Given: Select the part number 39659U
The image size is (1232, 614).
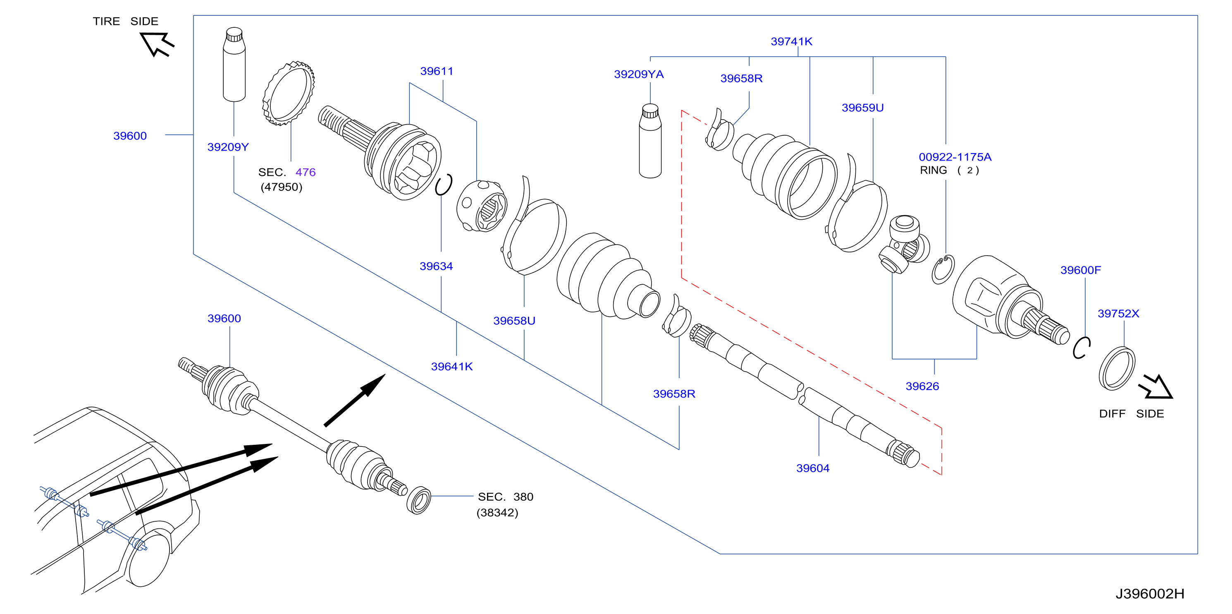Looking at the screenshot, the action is (862, 108).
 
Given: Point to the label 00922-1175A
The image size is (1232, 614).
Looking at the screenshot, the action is (955, 157).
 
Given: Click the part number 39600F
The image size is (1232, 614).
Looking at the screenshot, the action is (1080, 271).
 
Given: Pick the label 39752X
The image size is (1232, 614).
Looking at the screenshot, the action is (1118, 314).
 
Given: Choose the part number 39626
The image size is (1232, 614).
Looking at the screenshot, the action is (922, 386).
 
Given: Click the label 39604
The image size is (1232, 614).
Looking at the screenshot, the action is (812, 468).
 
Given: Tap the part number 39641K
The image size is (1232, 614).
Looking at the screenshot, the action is (451, 367).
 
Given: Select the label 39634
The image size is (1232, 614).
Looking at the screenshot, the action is (436, 266).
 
